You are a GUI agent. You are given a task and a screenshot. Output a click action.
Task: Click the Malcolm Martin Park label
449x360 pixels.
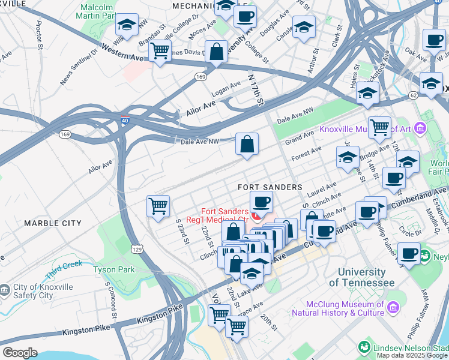(x=97, y=10)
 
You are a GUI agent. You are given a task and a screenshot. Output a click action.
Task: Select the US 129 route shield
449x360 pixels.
(x=137, y=248)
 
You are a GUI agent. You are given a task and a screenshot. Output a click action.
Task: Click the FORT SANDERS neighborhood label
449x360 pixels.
(x=270, y=187)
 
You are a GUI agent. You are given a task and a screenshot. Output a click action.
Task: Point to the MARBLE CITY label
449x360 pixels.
(x=53, y=223)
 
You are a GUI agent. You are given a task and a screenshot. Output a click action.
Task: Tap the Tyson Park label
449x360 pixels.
(x=114, y=269)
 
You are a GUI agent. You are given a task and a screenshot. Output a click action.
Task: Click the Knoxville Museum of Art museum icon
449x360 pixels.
(x=420, y=128)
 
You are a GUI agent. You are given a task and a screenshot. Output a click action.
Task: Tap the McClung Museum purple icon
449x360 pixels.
(x=393, y=308)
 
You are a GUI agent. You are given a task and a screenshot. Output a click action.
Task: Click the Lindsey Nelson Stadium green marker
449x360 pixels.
(x=364, y=347)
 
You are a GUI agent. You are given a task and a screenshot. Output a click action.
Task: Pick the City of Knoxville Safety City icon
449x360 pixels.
(x=5, y=290)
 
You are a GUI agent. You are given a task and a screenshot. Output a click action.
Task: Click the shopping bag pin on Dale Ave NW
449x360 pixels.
(x=247, y=145)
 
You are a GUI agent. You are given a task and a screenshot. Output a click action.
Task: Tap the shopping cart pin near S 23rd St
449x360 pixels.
(x=158, y=206)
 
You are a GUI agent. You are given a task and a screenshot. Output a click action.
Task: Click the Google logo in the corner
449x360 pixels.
(x=20, y=353)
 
